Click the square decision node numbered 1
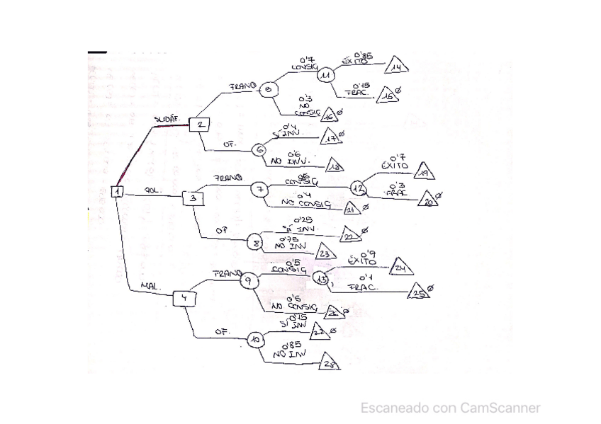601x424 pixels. (x=118, y=191)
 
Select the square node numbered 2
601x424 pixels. (x=200, y=125)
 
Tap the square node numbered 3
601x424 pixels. (x=193, y=199)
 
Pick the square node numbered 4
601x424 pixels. (x=184, y=298)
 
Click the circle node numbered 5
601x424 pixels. (x=268, y=90)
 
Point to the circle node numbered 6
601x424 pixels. (x=259, y=149)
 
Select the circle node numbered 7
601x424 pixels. (x=259, y=189)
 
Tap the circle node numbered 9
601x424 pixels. (x=249, y=280)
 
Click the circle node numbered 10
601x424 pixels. (x=255, y=340)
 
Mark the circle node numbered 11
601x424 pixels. (x=326, y=74)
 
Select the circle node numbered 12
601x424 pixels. (x=359, y=188)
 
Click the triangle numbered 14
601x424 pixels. (x=397, y=67)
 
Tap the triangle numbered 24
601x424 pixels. (x=400, y=268)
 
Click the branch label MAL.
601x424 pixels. (x=150, y=286)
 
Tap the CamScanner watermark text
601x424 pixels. (x=450, y=408)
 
